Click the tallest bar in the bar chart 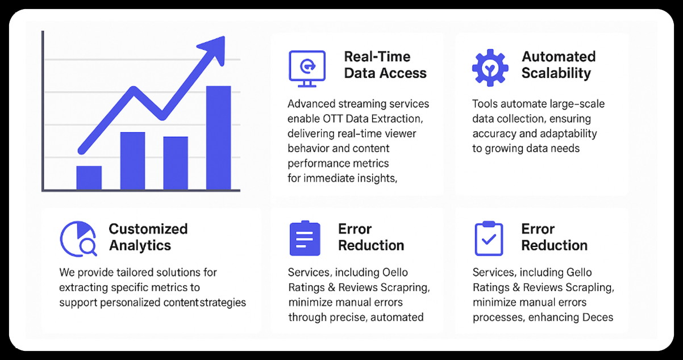click(x=218, y=137)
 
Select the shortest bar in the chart click(x=89, y=178)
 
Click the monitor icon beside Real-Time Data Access click(x=307, y=68)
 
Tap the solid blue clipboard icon click(x=305, y=238)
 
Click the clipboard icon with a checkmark click(x=489, y=238)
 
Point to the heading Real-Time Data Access click(x=385, y=65)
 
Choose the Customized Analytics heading click(x=148, y=237)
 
